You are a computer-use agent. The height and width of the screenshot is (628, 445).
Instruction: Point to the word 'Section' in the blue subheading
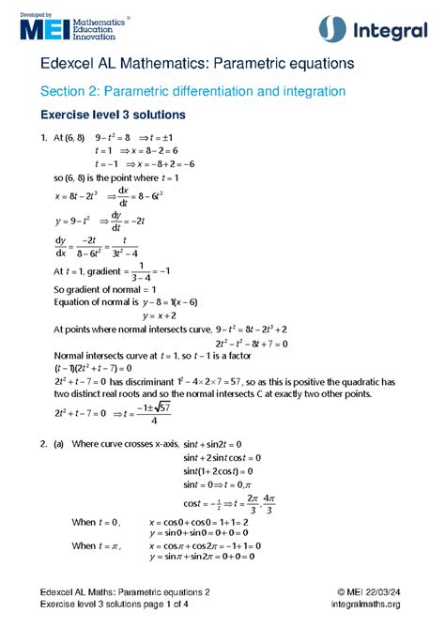tap(64, 91)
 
